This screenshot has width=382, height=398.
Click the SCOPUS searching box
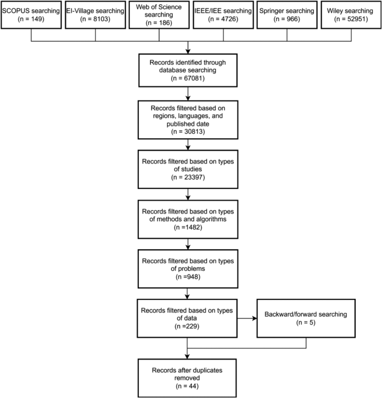pos(31,14)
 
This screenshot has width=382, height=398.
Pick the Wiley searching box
pos(351,14)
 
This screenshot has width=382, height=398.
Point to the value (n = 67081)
pos(191,80)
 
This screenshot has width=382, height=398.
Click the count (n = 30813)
pos(191,133)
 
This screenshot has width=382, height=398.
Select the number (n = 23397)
pos(191,177)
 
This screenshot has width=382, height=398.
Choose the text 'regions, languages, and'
pos(191,115)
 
